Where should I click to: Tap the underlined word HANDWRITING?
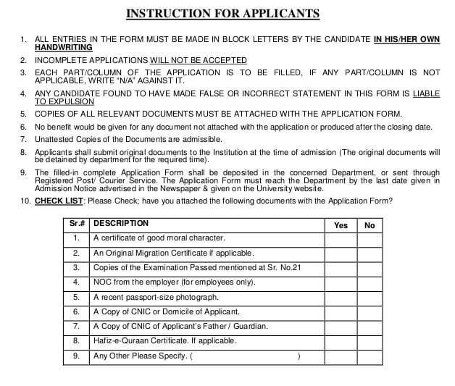click(x=64, y=47)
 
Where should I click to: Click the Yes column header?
click(x=341, y=225)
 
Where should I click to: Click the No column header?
click(x=370, y=225)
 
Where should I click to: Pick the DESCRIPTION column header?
click(x=121, y=224)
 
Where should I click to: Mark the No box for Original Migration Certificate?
click(x=370, y=253)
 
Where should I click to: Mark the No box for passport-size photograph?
click(x=370, y=297)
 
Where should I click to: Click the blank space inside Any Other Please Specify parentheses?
click(x=246, y=356)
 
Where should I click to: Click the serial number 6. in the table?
click(x=76, y=311)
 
